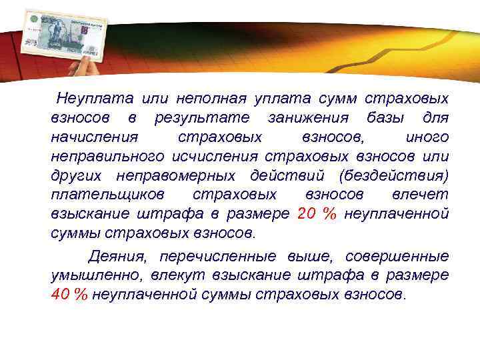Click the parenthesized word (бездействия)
[393, 176]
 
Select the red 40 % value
[69, 295]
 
